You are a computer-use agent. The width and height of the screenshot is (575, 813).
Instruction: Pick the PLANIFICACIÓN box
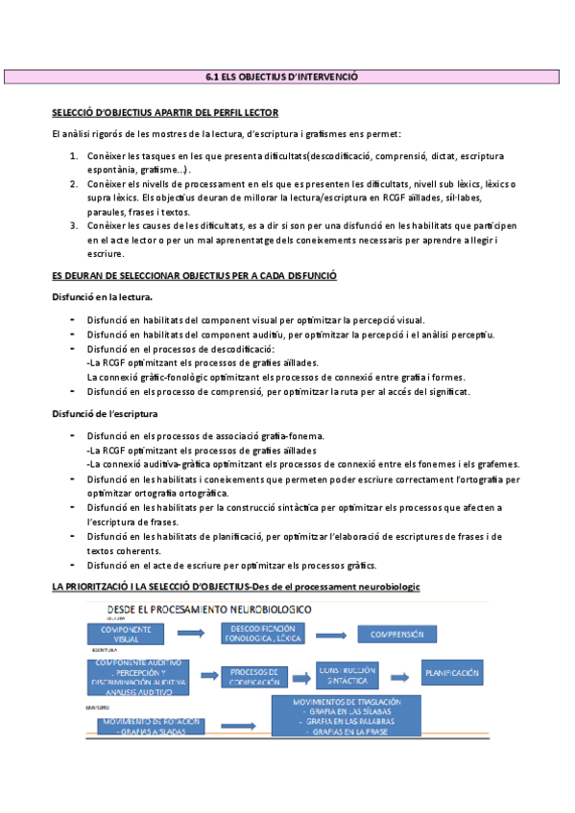452,673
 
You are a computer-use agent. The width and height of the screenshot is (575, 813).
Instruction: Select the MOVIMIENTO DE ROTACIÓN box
150,726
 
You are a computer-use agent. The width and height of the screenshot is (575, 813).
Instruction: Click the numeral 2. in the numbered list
74,183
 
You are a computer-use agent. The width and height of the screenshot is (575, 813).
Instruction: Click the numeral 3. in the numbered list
74,225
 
